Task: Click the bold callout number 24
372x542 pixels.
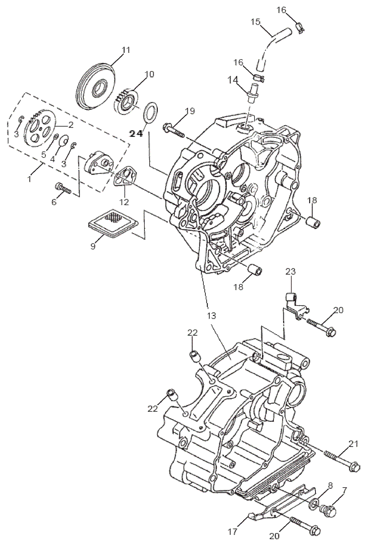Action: pyautogui.click(x=136, y=134)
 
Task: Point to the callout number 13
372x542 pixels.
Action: pyautogui.click(x=211, y=316)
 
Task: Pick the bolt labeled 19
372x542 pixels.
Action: pyautogui.click(x=173, y=131)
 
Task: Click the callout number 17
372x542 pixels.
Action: pyautogui.click(x=232, y=532)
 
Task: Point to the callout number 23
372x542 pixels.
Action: pyautogui.click(x=290, y=272)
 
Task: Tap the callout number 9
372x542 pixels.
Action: pyautogui.click(x=93, y=246)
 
